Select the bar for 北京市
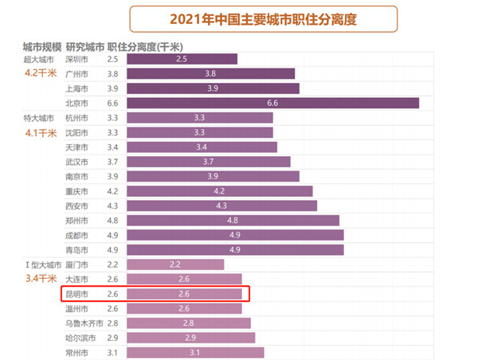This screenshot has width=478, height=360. [272, 103]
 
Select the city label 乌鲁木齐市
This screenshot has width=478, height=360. [84, 323]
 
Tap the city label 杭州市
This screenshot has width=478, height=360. [76, 118]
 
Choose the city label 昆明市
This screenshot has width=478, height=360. [76, 294]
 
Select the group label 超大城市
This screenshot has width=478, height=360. [41, 59]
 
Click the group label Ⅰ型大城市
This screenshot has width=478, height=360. [41, 264]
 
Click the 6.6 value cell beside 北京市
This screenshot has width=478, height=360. [112, 103]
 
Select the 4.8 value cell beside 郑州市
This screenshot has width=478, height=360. [112, 221]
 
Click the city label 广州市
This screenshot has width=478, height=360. [76, 73]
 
